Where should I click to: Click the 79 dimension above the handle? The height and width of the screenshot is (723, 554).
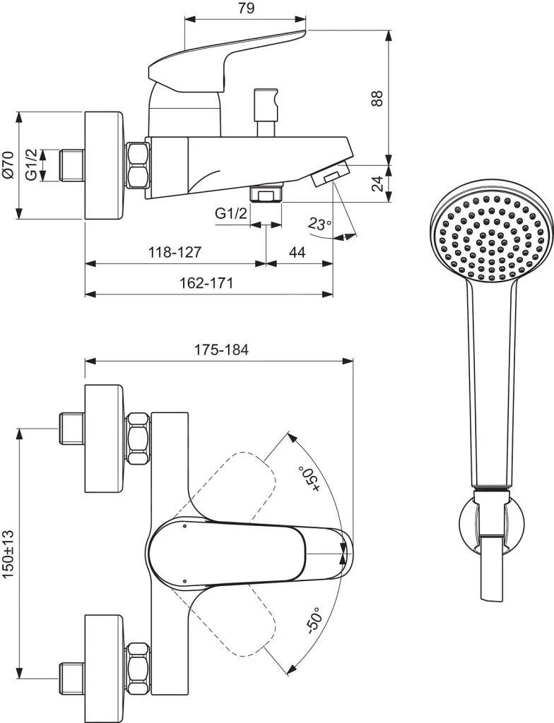tap(245, 8)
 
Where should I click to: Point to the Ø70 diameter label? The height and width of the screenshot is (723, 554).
tap(8, 163)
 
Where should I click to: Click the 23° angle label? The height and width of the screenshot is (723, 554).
tap(319, 224)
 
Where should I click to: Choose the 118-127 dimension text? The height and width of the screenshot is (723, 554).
tap(175, 252)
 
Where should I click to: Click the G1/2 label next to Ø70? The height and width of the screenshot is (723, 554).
tap(31, 165)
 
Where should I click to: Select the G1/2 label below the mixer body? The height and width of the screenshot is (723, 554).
tap(231, 214)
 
